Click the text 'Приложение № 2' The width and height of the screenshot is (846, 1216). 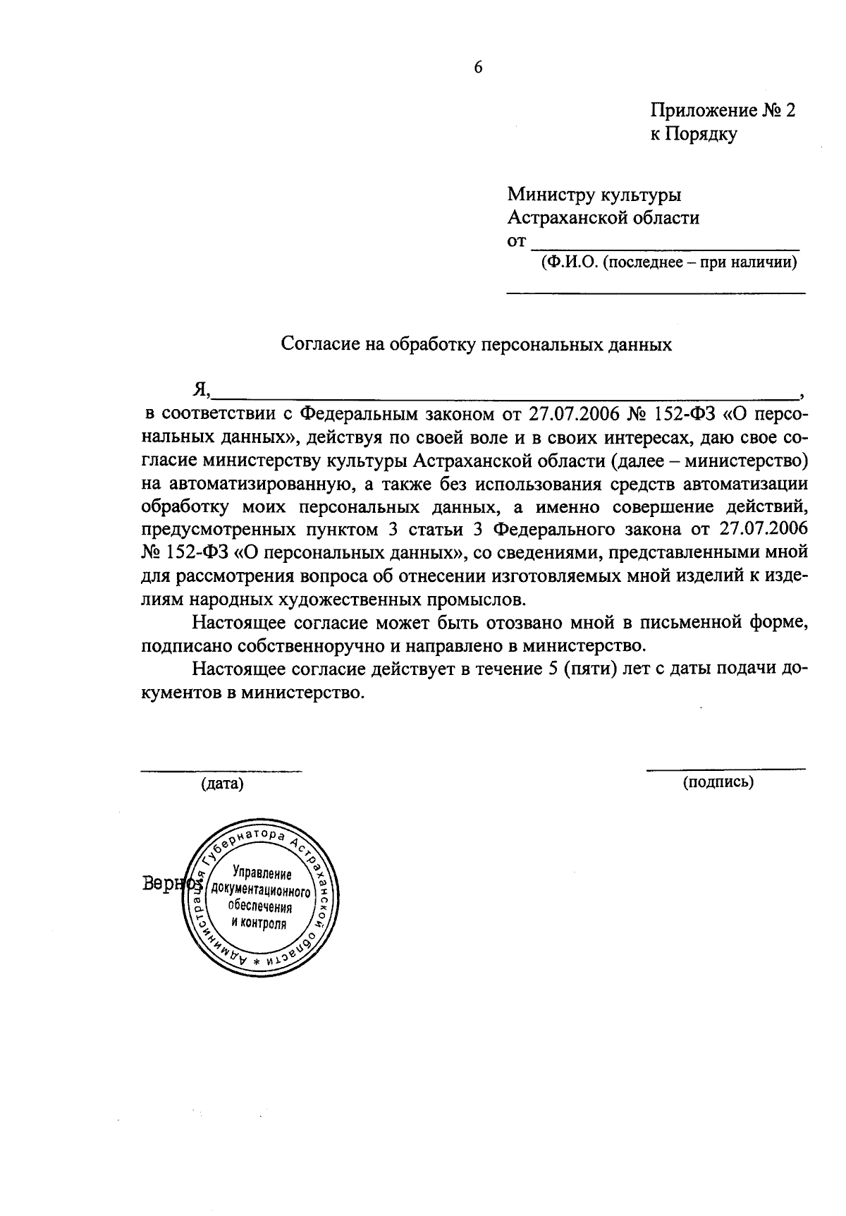723,111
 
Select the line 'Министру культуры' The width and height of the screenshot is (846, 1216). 594,194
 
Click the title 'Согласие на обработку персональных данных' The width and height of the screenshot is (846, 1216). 477,344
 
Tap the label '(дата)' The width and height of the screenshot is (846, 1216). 222,784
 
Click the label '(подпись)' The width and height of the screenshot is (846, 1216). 718,781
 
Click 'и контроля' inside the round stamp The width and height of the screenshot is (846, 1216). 259,923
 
